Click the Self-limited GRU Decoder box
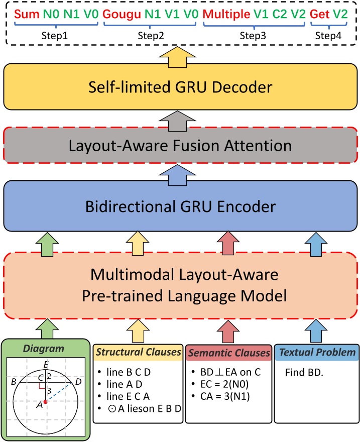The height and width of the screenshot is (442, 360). point(180,88)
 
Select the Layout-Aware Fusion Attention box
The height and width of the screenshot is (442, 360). point(180,146)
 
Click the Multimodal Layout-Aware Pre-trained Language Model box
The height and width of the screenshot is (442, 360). point(180,286)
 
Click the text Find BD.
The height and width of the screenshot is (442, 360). point(303,373)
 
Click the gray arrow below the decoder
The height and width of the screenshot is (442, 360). point(180,118)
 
